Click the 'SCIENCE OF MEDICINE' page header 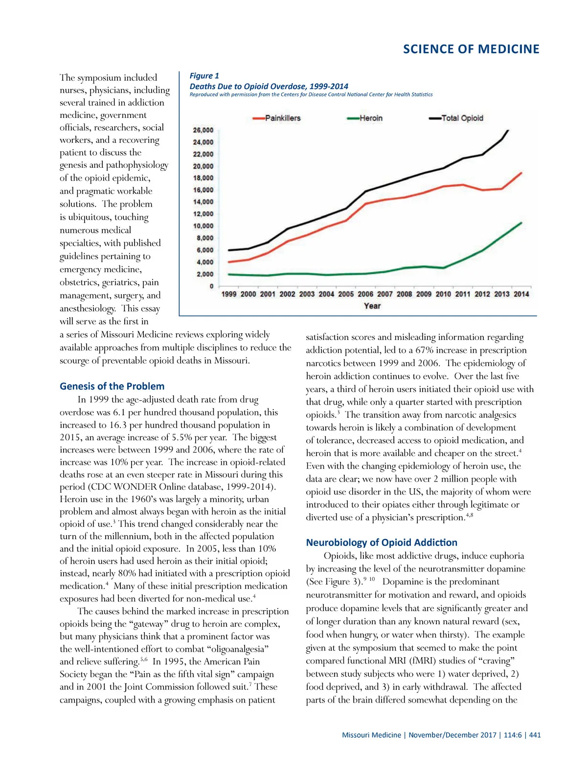point(471,49)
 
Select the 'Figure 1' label point(204,76)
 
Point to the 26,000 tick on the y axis point(203,130)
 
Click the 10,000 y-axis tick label point(203,226)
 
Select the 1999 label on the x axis point(229,294)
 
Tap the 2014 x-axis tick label point(521,294)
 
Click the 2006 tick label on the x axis point(365,294)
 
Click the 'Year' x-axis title point(372,306)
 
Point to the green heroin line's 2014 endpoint point(521,223)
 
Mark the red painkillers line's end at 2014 point(521,173)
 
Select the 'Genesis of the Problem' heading point(112,386)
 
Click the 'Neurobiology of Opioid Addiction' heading point(382,542)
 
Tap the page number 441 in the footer point(535,735)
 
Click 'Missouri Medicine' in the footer point(371,735)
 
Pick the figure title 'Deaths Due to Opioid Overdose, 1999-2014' point(269,86)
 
